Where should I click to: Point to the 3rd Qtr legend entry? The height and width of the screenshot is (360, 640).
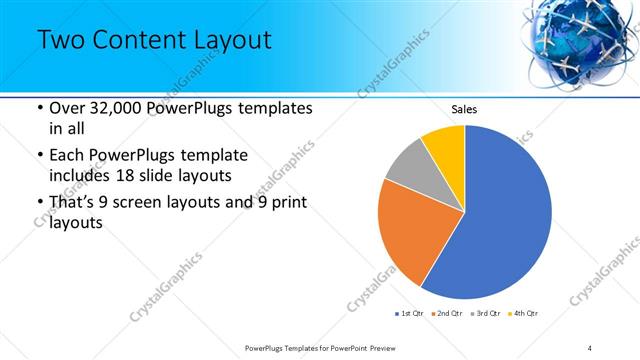pyautogui.click(x=486, y=314)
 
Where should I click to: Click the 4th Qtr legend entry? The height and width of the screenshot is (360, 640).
pyautogui.click(x=524, y=314)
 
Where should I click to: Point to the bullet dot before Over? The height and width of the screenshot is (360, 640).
pyautogui.click(x=39, y=108)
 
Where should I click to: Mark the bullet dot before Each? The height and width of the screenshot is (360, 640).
pyautogui.click(x=39, y=156)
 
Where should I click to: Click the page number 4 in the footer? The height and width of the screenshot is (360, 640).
pyautogui.click(x=590, y=347)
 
